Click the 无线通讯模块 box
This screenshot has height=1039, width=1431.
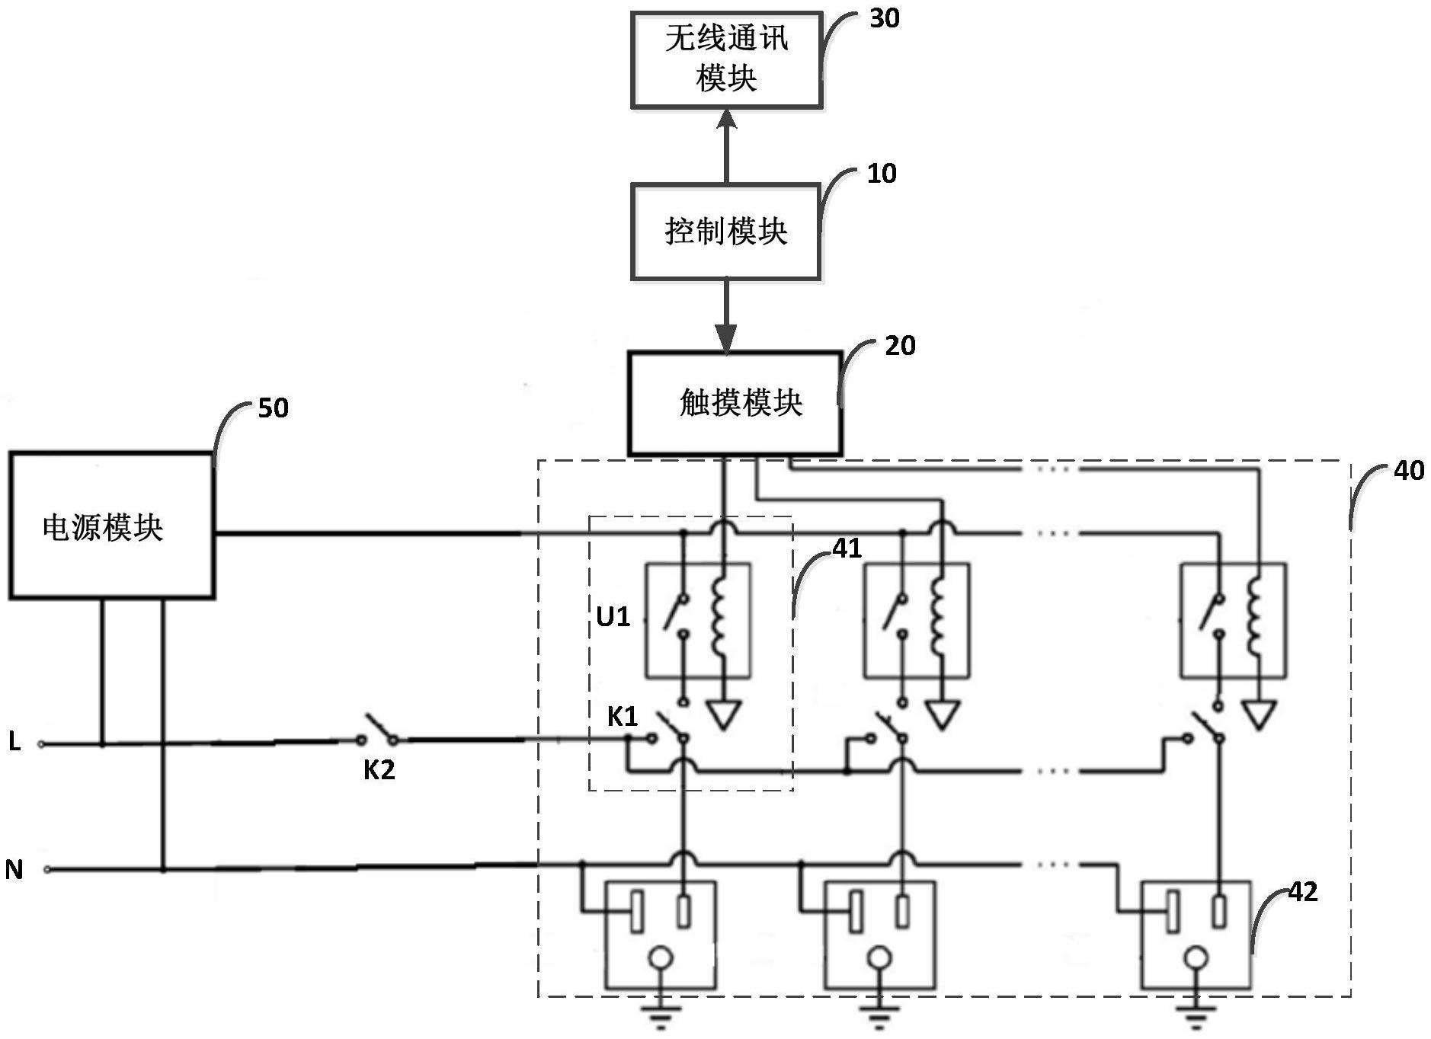tap(726, 59)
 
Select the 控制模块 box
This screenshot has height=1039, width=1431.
tap(725, 231)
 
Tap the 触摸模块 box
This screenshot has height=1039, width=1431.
tap(735, 403)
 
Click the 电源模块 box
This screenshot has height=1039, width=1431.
tap(111, 526)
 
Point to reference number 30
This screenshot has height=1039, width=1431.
tap(885, 18)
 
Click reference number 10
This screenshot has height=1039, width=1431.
tap(882, 174)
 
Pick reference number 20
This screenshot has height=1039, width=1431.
tap(900, 346)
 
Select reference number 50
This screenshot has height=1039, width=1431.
tap(273, 408)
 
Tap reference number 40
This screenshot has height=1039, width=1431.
tap(1408, 471)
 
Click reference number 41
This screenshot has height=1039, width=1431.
tap(847, 548)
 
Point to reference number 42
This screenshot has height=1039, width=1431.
tap(1302, 892)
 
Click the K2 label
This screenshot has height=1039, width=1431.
tap(379, 770)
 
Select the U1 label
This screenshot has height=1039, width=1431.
tap(613, 616)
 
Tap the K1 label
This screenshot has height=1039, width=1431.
tap(622, 717)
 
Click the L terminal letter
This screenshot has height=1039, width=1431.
tap(14, 741)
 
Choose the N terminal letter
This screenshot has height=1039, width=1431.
tap(14, 869)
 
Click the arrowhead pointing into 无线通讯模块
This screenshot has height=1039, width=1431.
tap(726, 120)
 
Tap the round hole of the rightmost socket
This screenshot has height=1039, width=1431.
tap(1196, 957)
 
